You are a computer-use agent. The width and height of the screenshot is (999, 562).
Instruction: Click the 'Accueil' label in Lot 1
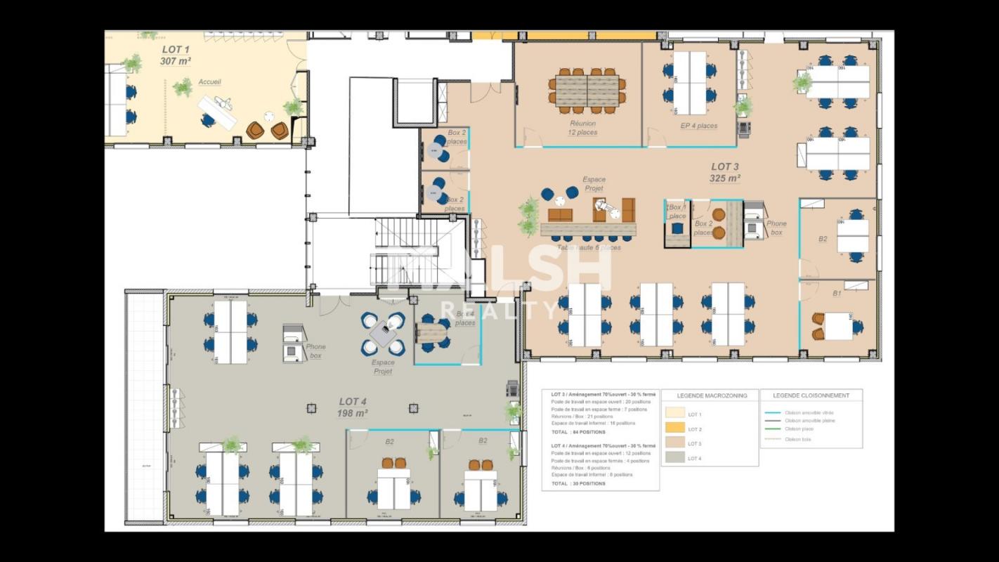[x=209, y=82]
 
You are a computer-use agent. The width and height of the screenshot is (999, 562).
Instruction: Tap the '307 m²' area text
[x=175, y=61]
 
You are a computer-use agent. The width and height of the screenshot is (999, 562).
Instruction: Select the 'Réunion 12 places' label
[x=582, y=127]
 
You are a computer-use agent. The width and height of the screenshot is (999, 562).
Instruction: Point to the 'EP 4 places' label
[x=698, y=126]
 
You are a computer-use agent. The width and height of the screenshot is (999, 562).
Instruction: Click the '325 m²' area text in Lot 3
[x=724, y=178]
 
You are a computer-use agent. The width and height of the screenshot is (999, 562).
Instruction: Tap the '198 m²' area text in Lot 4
[x=352, y=413]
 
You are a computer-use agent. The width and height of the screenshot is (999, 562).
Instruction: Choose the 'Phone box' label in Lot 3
[x=776, y=228]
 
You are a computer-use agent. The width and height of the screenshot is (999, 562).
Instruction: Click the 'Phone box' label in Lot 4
[x=315, y=351]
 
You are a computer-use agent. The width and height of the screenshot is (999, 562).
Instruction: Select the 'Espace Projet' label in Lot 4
[x=383, y=367]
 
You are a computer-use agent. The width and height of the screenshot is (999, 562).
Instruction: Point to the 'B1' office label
[x=837, y=294]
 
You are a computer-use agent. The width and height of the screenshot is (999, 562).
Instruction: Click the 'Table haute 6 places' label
[x=588, y=247]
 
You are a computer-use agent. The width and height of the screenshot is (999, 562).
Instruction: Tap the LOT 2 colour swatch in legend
[x=676, y=429]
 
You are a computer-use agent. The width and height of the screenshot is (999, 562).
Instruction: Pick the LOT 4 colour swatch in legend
[x=676, y=458]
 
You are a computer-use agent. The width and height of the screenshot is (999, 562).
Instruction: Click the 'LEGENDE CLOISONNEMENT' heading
[x=811, y=396]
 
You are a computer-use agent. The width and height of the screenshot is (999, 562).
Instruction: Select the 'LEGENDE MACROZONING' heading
[x=710, y=396]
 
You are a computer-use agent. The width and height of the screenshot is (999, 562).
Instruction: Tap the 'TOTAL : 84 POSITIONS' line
[x=579, y=432]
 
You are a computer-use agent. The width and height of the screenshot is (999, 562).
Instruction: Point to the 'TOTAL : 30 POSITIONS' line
[x=579, y=483]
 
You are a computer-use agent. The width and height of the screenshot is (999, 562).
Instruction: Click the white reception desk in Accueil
[x=217, y=111]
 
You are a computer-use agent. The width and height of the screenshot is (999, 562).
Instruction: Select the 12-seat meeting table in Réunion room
[x=587, y=91]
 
